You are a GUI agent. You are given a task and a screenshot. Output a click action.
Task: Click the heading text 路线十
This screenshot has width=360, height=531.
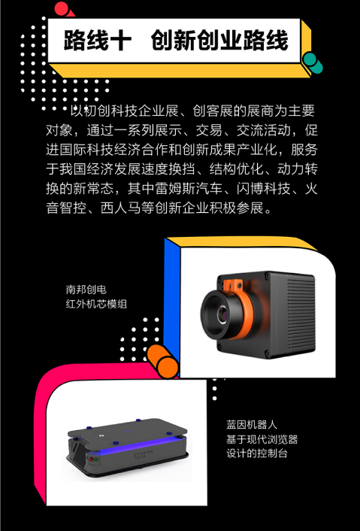point(98,41)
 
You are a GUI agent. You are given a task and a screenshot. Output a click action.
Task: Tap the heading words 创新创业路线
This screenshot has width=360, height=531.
point(219,41)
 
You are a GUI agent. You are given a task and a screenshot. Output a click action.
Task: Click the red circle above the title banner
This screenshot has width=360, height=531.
point(62,8)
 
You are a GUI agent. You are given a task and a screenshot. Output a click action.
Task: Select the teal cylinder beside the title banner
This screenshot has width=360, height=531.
point(313,63)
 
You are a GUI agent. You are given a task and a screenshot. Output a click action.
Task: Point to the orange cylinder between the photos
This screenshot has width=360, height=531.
point(163,361)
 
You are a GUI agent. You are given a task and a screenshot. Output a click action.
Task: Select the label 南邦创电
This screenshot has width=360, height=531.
point(86,290)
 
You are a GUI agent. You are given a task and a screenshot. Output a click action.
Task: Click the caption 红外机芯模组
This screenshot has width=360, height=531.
point(96,304)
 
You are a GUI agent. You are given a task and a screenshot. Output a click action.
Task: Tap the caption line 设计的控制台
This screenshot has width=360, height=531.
point(257,454)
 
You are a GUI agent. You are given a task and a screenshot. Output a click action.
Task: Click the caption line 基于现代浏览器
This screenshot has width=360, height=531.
point(262,439)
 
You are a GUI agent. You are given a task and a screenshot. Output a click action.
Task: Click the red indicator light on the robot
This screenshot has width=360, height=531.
point(90,460)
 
